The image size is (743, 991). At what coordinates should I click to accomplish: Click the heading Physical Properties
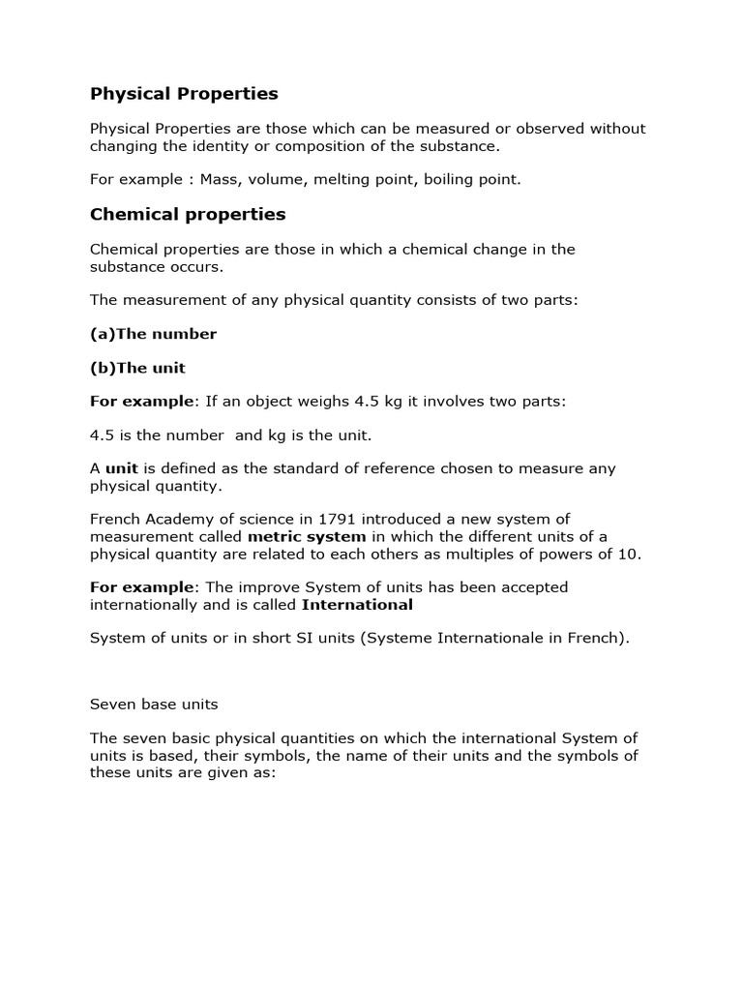click(184, 94)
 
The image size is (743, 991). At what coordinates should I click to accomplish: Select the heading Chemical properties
click(188, 214)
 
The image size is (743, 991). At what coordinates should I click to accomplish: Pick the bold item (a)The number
click(153, 334)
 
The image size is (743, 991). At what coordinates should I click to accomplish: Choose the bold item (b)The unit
click(137, 368)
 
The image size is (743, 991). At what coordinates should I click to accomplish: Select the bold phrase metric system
click(307, 536)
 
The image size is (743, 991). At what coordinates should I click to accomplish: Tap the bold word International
click(357, 605)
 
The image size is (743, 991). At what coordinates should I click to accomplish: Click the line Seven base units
click(147, 706)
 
